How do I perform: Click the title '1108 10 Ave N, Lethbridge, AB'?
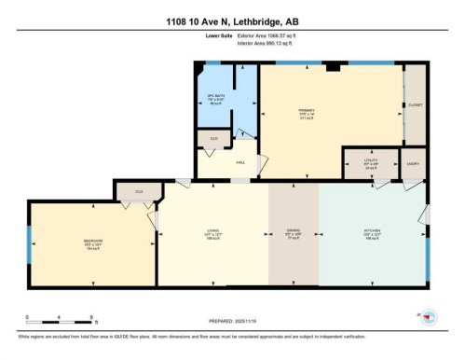[232, 21]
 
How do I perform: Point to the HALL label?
[239, 163]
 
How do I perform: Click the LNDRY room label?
[413, 163]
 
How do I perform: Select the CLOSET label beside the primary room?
[415, 105]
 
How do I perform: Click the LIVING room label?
[212, 234]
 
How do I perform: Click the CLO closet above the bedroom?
[138, 192]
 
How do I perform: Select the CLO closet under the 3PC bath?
[212, 140]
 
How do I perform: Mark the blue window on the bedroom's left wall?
[29, 244]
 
